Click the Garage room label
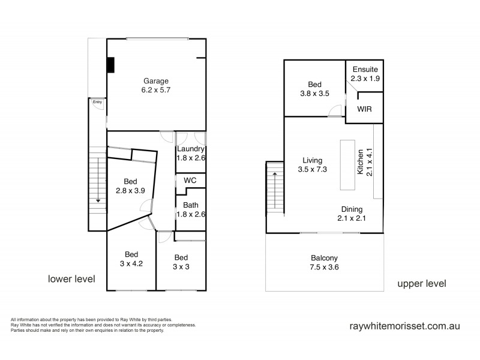click(x=155, y=86)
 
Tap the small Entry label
click(x=97, y=102)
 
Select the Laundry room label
click(x=191, y=154)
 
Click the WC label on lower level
click(x=190, y=180)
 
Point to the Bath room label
click(x=190, y=209)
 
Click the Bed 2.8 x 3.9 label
click(x=130, y=186)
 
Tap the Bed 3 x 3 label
click(x=181, y=262)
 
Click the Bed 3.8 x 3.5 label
click(x=315, y=89)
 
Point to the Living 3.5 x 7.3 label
click(x=313, y=165)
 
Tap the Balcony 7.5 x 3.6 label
click(x=325, y=262)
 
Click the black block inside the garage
click(x=111, y=65)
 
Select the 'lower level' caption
click(x=71, y=278)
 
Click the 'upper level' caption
click(x=421, y=284)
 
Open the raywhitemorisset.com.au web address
click(x=404, y=327)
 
